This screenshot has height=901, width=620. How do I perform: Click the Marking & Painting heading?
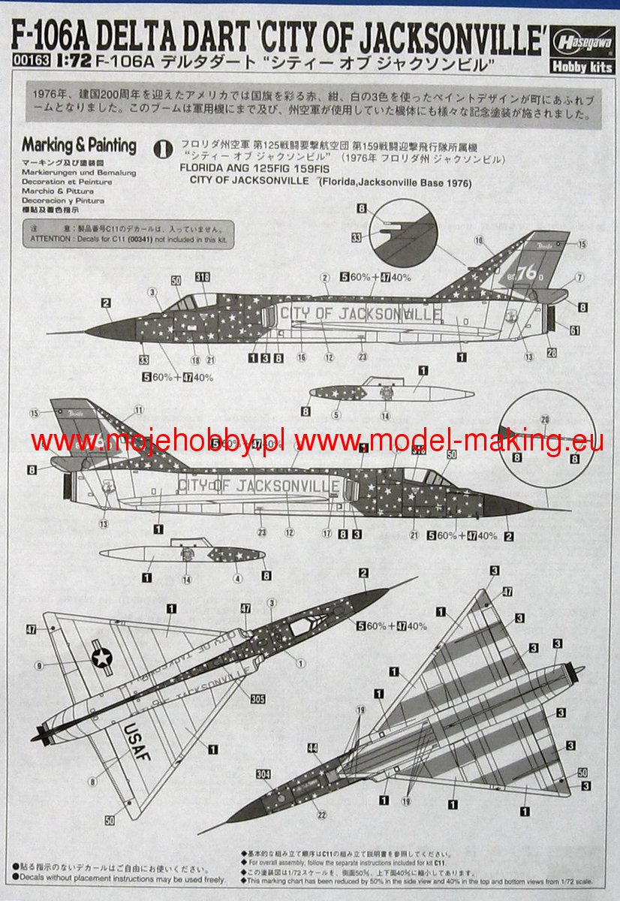[x=79, y=146]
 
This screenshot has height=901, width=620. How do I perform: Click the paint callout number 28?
[x=552, y=352]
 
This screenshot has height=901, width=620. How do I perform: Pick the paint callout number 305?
[x=257, y=698]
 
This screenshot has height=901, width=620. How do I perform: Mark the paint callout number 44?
[x=312, y=748]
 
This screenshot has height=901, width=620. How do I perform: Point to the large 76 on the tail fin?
[x=527, y=273]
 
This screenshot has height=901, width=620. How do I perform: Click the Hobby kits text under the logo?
[x=586, y=67]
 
